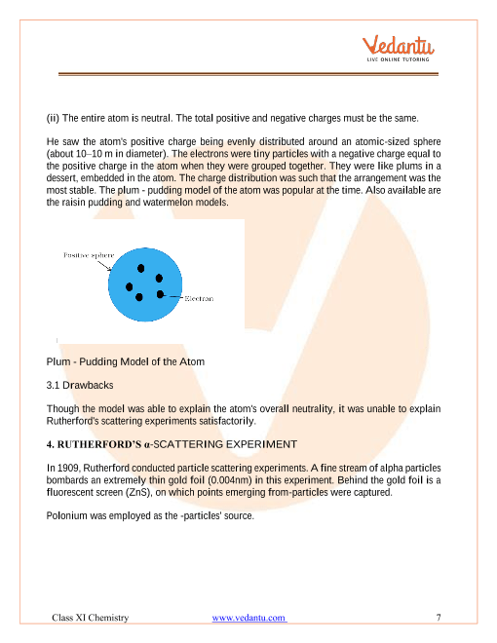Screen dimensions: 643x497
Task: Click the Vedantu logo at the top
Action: point(401,45)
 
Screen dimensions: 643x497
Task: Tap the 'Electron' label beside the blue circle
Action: point(200,297)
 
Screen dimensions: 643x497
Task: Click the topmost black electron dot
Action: point(142,268)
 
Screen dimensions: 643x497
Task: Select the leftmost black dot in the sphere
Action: point(130,286)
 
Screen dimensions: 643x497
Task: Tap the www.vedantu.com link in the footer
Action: point(249,618)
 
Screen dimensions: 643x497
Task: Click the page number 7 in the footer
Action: point(439,618)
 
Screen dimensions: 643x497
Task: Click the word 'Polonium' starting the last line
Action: point(67,515)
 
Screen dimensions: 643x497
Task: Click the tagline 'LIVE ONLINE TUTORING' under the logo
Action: point(401,63)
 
